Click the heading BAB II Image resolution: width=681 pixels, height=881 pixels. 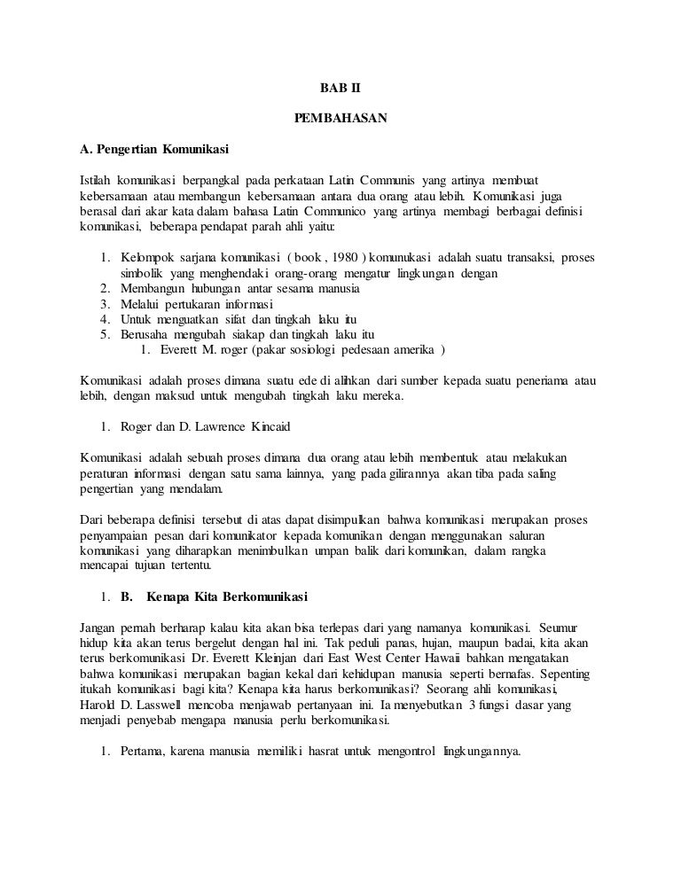tap(340, 89)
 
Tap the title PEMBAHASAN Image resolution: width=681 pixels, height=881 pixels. tap(340, 117)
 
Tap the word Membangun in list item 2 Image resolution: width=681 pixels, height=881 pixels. tap(150, 288)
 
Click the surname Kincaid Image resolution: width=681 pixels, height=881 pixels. tap(291, 427)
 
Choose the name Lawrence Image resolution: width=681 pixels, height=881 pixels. tap(239, 427)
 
